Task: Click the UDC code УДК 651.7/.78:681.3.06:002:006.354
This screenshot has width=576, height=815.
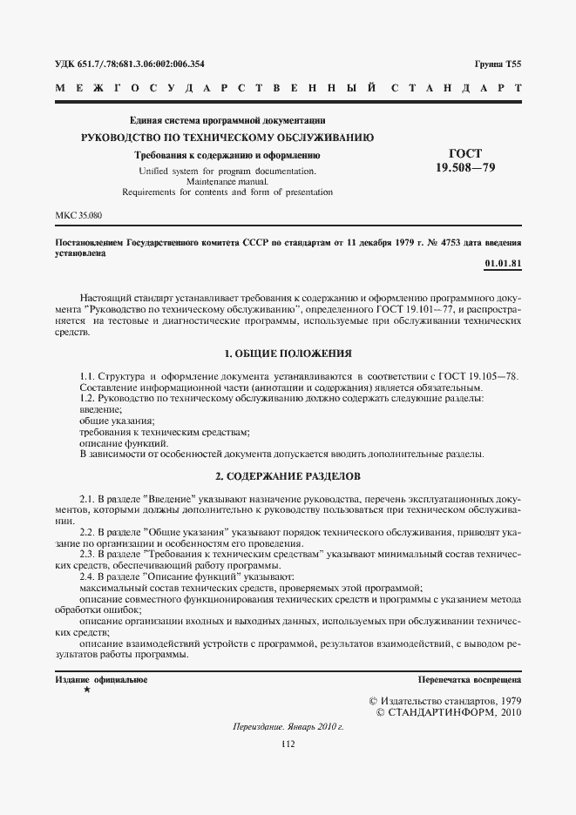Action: click(x=129, y=64)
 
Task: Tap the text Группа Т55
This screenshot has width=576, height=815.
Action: click(x=498, y=64)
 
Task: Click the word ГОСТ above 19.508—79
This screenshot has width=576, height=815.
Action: click(x=464, y=152)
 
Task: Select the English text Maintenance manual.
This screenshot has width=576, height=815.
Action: click(x=227, y=181)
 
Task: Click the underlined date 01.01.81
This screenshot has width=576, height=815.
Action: click(x=502, y=263)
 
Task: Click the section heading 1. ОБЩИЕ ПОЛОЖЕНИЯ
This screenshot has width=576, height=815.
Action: click(x=288, y=354)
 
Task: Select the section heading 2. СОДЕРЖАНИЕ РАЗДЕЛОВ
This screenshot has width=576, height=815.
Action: click(x=288, y=476)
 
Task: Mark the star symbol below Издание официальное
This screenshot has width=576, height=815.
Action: click(x=86, y=690)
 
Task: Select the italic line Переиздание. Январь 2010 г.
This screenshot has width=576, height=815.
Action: click(x=288, y=726)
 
